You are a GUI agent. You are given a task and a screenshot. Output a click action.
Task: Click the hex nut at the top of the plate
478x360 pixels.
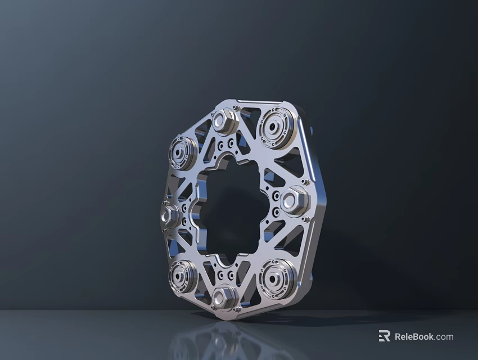tap(226, 121)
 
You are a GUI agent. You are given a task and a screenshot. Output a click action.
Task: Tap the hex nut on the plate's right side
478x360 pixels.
tap(294, 201)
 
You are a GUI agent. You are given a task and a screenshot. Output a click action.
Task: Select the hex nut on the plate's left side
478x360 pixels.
tap(169, 215)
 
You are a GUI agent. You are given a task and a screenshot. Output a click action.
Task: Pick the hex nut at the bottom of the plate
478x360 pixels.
tap(224, 296)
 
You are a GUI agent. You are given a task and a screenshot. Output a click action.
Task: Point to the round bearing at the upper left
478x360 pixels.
tap(182, 152)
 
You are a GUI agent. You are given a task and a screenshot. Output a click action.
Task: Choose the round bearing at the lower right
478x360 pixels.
tap(276, 277)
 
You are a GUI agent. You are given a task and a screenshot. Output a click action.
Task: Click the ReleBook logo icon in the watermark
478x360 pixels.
tap(384, 336)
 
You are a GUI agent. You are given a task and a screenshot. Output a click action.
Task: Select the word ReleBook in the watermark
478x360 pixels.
tap(414, 337)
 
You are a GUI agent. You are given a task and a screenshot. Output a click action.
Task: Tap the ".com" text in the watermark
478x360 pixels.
tap(444, 337)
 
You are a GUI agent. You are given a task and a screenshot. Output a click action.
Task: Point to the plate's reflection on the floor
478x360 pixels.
tap(225, 340)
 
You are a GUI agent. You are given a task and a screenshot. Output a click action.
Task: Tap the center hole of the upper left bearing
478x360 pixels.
tap(181, 152)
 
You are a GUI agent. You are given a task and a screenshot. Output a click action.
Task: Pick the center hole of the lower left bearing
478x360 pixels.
tap(181, 276)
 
